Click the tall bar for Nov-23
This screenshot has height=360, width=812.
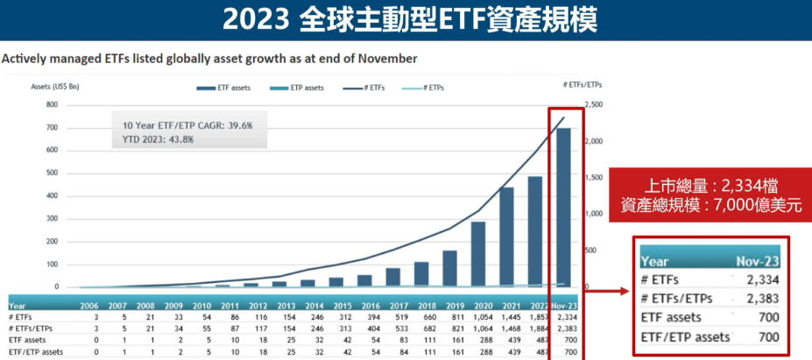tap(564, 208)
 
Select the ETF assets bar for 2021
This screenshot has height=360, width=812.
tap(506, 237)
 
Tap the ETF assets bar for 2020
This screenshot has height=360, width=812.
tap(478, 254)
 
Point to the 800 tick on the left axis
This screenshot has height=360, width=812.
tap(52, 105)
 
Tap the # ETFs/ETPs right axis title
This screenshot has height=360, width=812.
tap(583, 83)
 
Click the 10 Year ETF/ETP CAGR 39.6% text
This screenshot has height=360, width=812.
tap(187, 125)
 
